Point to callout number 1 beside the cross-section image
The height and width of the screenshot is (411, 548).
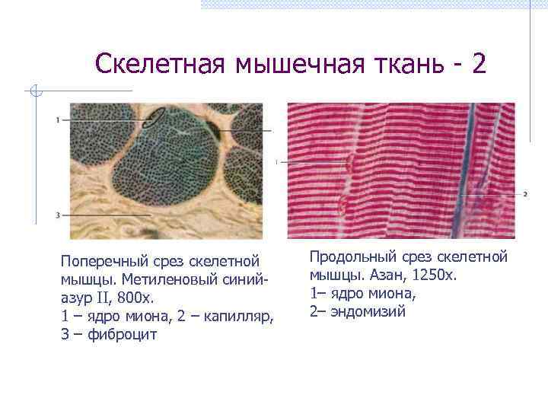click(x=58, y=120)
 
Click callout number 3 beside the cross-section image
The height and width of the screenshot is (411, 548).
click(x=58, y=215)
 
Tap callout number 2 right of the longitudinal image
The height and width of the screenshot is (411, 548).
click(x=525, y=194)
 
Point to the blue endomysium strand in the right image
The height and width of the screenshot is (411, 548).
click(x=466, y=167)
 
